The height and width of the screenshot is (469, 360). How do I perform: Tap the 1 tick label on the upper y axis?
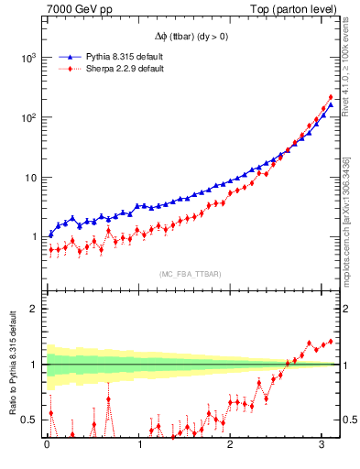(35, 237)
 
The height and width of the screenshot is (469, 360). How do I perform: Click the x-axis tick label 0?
(47, 449)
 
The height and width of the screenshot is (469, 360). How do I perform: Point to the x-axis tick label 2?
(232, 449)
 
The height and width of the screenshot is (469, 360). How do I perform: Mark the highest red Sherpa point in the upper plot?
(330, 97)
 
